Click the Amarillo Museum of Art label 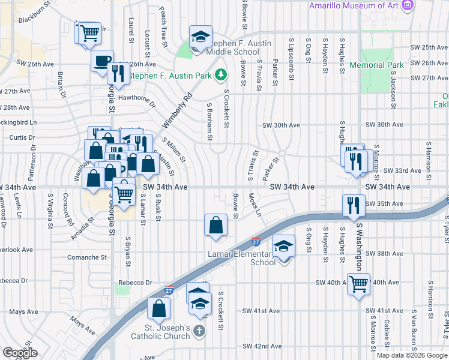(x=354, y=5)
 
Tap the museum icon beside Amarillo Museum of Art (x=409, y=5)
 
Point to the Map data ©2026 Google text (x=411, y=355)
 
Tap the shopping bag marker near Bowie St (x=215, y=225)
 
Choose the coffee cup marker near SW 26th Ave (x=102, y=61)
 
